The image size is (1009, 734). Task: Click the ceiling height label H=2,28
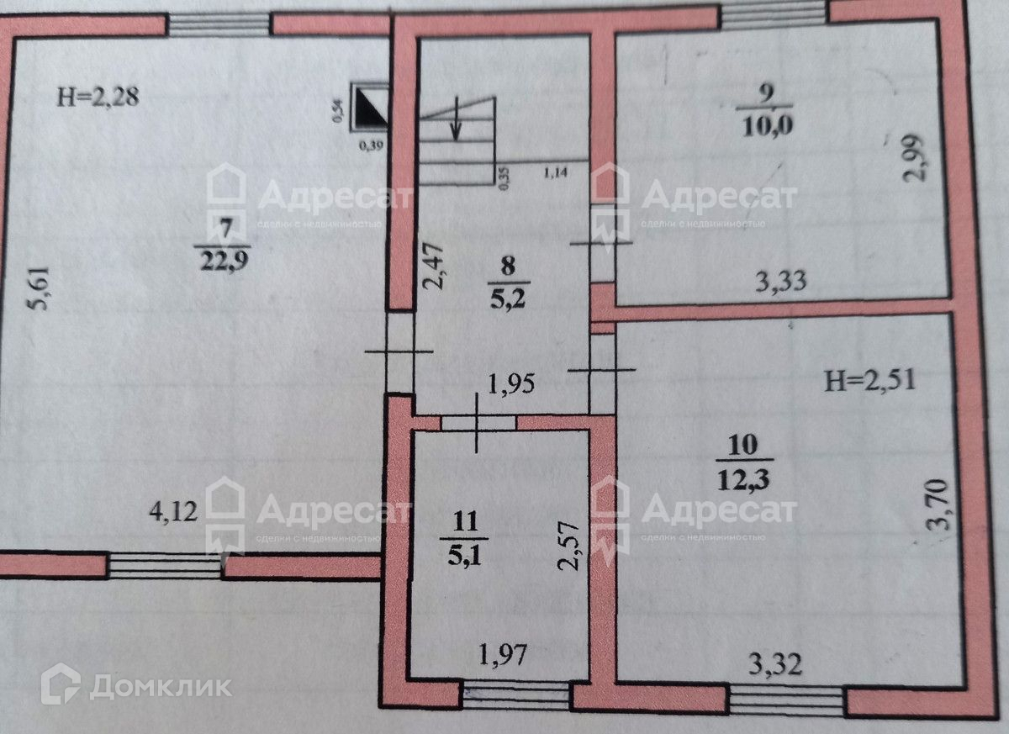(x=98, y=96)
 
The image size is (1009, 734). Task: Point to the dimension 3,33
(x=780, y=281)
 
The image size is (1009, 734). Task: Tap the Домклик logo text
(x=159, y=686)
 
